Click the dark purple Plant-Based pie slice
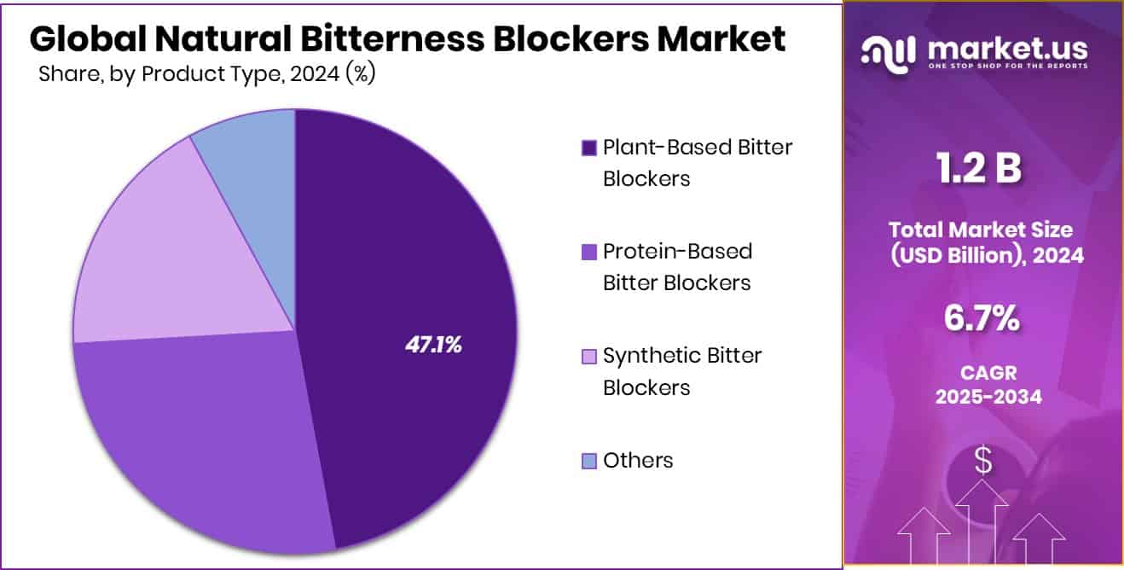pos(409,256)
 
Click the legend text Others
pos(638,461)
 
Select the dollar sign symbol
pos(983,462)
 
